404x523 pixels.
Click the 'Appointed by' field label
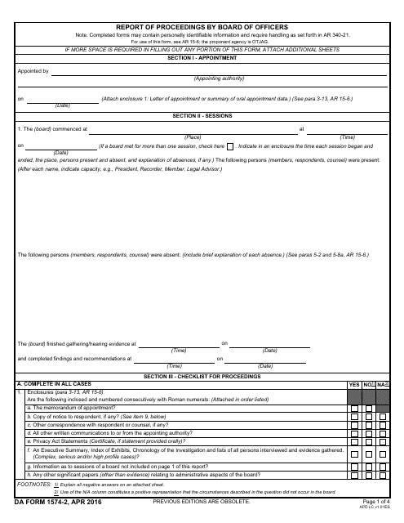[33, 71]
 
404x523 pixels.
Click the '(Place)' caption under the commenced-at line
[193, 136]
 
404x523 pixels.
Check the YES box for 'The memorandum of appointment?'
[354, 408]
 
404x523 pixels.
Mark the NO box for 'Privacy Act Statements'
[369, 441]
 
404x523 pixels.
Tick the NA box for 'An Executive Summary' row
[384, 454]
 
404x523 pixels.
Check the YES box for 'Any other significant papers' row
[354, 475]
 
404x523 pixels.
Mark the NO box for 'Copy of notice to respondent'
[369, 417]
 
